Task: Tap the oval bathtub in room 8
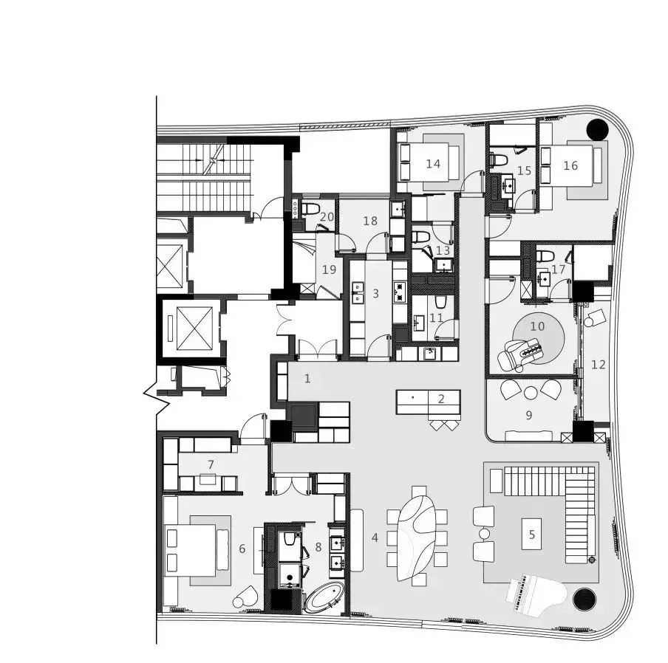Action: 324,598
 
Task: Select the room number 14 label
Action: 433,164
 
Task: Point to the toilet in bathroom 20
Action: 310,209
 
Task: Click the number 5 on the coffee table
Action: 532,534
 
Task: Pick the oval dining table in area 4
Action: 417,534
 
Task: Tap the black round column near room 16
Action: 597,129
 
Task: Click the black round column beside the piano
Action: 584,600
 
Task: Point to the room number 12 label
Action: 598,365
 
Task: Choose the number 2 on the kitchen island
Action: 441,399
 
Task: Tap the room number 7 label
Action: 211,464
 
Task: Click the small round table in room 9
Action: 531,393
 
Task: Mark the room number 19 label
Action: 329,269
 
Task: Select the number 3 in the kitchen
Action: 375,293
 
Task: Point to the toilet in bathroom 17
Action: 545,256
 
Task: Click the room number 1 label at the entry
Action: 307,378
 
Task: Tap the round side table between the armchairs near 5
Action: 485,533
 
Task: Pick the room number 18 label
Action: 369,221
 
